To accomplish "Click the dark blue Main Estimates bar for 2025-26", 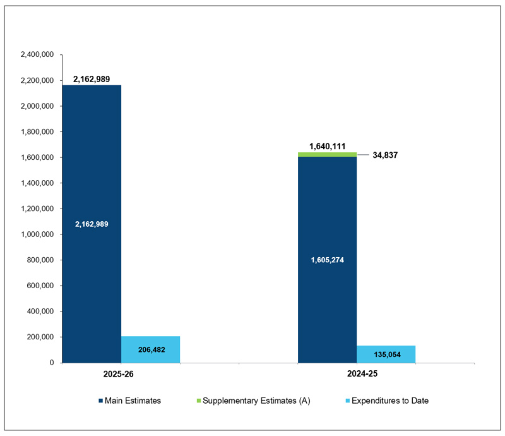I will (x=91, y=158).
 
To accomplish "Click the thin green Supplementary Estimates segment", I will (x=327, y=154).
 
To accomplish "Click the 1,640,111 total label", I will (x=327, y=146).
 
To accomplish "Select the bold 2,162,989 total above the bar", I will (x=92, y=79).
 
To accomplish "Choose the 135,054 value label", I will (x=386, y=354).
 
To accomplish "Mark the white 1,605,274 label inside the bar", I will (x=327, y=260).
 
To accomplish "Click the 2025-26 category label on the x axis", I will (x=118, y=374).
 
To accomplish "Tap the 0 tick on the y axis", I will (x=52, y=363).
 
